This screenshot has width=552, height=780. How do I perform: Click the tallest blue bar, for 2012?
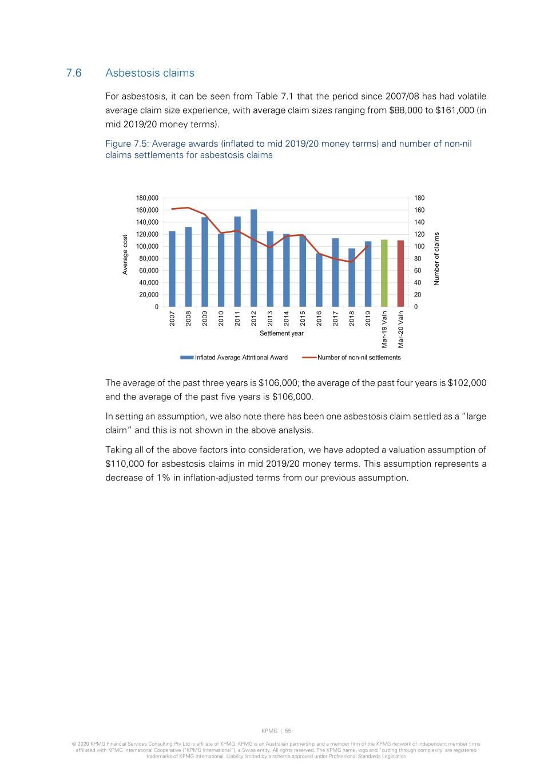(253, 258)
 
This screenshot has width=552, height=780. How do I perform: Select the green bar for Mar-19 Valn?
(384, 273)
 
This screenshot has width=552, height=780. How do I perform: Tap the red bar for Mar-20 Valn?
(400, 273)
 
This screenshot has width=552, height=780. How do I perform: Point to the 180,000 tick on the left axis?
(147, 198)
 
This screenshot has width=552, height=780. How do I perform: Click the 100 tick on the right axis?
(419, 246)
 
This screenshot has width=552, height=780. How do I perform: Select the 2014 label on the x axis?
(287, 318)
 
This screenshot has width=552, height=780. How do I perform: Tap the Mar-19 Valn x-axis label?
(385, 329)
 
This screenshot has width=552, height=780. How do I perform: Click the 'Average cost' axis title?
(125, 254)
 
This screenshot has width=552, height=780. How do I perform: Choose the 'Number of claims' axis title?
(437, 258)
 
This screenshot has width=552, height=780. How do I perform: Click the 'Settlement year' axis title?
(281, 334)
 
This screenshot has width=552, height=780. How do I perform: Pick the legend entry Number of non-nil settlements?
(359, 358)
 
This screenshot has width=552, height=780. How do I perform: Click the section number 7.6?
(74, 73)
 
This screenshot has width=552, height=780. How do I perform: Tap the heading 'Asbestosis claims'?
(150, 73)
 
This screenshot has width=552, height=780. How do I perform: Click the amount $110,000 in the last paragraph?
(125, 464)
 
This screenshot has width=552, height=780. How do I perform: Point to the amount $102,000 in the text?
(467, 383)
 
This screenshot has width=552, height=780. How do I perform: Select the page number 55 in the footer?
(288, 731)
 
